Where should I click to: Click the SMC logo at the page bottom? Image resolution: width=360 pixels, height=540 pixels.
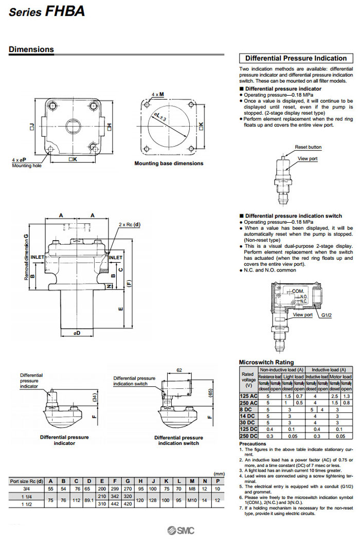click(180, 530)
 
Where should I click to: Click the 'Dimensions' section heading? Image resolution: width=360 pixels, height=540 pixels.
click(31, 50)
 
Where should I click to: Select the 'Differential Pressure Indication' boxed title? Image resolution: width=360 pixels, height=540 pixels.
click(296, 58)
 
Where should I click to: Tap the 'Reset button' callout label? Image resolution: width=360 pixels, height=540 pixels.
click(308, 147)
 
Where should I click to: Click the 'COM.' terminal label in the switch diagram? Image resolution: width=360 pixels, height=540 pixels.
click(298, 291)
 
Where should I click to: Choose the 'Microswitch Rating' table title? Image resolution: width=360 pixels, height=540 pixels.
click(266, 362)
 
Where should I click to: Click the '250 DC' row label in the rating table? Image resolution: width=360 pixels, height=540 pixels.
click(248, 436)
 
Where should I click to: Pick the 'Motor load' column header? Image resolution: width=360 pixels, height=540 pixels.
click(340, 376)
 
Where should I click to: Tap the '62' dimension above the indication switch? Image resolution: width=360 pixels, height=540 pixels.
click(179, 370)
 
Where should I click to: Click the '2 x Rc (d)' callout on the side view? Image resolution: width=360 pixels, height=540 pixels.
click(130, 225)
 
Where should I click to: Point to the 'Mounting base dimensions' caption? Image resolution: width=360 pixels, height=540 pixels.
click(169, 164)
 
